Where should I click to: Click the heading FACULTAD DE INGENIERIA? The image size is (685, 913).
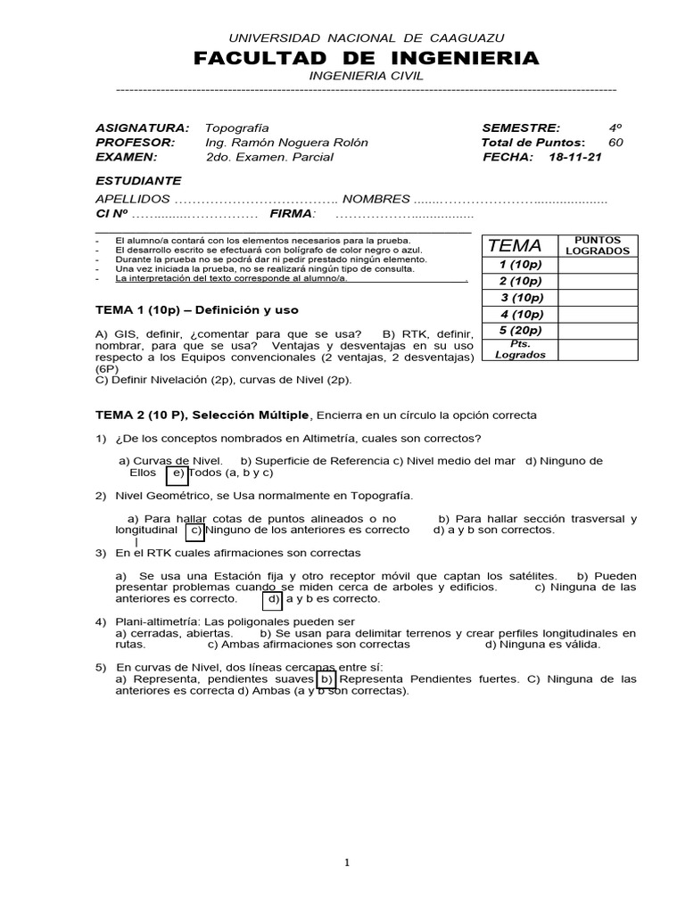367,59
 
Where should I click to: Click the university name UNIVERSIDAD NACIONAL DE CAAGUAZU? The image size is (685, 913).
367,37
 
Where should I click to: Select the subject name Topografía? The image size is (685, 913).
236,128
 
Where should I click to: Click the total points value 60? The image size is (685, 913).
616,143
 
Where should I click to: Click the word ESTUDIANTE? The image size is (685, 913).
138,180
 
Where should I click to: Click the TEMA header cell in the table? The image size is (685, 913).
515,246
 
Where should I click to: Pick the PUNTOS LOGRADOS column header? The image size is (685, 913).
598,245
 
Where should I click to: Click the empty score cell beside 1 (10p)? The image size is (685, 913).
598,265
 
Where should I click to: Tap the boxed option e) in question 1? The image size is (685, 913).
177,473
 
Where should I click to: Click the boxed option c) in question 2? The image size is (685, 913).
195,530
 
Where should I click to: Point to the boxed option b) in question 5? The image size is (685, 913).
326,679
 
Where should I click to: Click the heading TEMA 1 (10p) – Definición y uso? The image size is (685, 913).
197,310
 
